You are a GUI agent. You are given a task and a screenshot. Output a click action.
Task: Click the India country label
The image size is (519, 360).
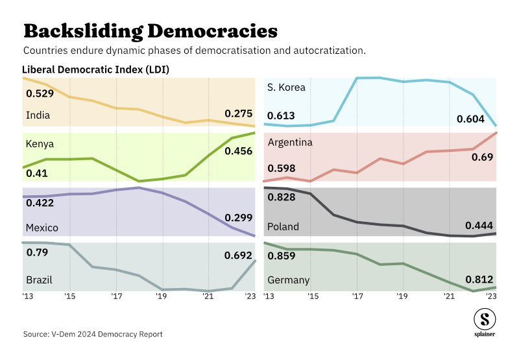click(x=38, y=115)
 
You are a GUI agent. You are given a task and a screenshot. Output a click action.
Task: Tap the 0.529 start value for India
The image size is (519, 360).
click(x=40, y=93)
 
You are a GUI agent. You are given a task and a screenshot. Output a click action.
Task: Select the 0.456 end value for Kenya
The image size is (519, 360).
click(x=238, y=151)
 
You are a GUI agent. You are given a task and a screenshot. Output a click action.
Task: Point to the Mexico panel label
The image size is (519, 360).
click(x=42, y=228)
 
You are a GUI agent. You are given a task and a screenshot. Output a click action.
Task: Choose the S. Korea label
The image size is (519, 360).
click(x=286, y=87)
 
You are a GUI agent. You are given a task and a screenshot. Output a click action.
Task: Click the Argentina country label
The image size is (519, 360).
click(x=290, y=142)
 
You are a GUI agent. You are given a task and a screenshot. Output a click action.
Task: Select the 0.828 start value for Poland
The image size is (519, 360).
click(x=281, y=197)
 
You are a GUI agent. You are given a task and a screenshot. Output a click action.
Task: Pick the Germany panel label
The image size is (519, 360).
click(x=288, y=280)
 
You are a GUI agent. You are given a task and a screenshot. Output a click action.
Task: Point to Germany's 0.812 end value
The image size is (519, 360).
click(x=479, y=279)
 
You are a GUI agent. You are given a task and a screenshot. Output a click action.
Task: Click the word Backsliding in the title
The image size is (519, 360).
click(x=82, y=30)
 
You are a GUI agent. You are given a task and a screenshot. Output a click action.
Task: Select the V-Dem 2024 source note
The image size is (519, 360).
click(x=93, y=334)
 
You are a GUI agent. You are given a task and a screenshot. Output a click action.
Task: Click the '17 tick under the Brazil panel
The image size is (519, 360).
click(x=117, y=296)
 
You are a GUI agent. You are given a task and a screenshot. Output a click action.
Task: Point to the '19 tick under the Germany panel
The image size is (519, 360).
click(x=403, y=296)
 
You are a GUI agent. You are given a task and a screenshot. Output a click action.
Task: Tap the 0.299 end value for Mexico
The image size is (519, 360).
click(x=238, y=218)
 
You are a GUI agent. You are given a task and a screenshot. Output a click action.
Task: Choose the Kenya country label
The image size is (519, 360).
click(x=39, y=143)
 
